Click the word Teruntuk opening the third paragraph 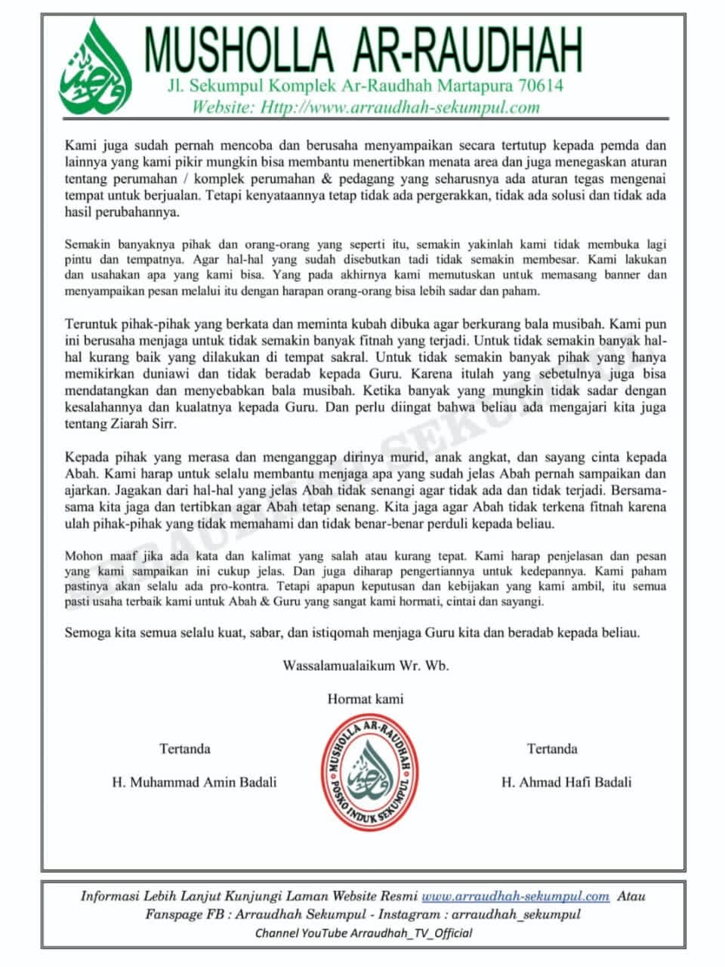pos(92,323)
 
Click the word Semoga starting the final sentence pos(88,632)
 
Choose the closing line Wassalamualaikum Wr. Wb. pos(366,666)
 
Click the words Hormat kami pos(366,699)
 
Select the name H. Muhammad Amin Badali pos(194,782)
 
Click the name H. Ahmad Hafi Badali pos(566,782)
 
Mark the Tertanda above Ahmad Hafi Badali pos(552,749)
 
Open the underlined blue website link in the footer pos(515,896)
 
